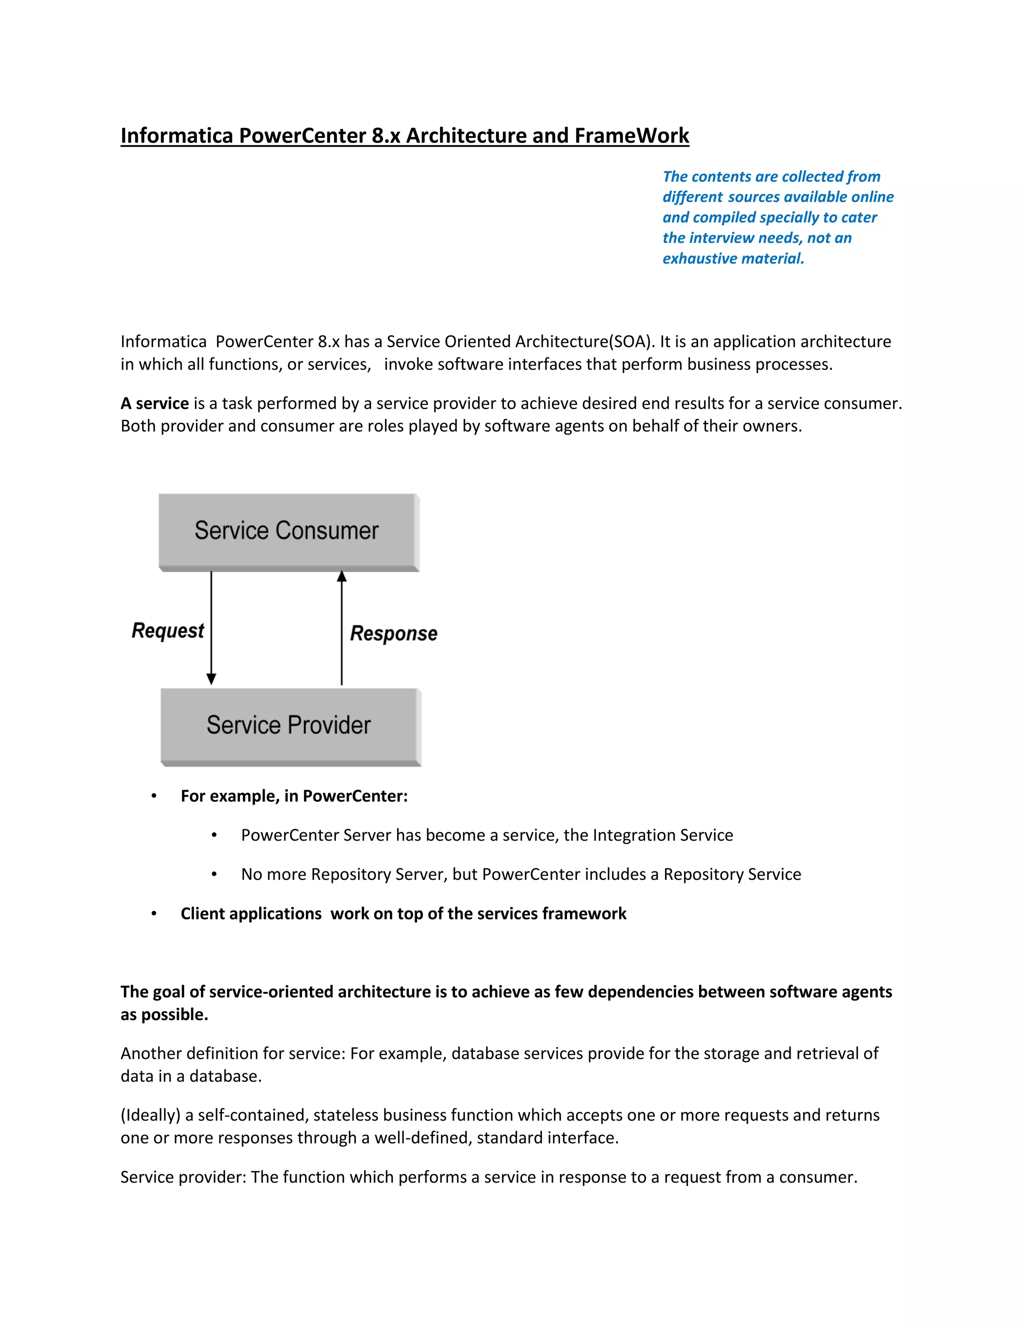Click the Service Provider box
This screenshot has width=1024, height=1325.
click(289, 725)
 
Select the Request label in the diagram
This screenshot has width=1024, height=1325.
click(167, 631)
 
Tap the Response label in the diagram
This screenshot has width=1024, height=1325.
click(393, 633)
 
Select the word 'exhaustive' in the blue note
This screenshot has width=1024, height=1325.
click(696, 258)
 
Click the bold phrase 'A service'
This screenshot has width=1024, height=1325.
click(154, 403)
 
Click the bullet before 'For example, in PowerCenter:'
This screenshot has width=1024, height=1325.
click(154, 796)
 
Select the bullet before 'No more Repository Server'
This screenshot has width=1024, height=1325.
click(214, 874)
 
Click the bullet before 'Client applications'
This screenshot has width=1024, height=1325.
click(154, 913)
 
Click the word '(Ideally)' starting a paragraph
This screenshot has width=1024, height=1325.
click(150, 1115)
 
